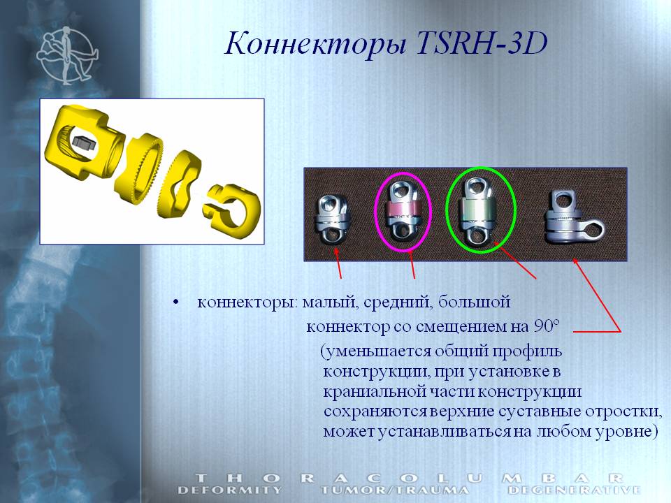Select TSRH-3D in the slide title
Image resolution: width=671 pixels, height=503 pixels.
pyautogui.click(x=482, y=43)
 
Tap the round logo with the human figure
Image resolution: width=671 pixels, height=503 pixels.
pyautogui.click(x=67, y=55)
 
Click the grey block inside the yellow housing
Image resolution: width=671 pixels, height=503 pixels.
pyautogui.click(x=85, y=143)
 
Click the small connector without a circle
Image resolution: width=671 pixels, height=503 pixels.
pyautogui.click(x=333, y=219)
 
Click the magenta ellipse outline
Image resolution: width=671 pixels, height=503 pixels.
pyautogui.click(x=375, y=212)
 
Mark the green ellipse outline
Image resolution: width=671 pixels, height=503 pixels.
pyautogui.click(x=447, y=210)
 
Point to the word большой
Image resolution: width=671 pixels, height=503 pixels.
pyautogui.click(x=474, y=302)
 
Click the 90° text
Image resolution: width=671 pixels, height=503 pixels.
pyautogui.click(x=547, y=326)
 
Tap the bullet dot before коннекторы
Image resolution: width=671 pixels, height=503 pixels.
pyautogui.click(x=175, y=302)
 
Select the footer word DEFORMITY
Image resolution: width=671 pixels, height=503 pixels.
pyautogui.click(x=230, y=490)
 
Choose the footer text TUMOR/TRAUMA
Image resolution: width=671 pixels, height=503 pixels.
pyautogui.click(x=394, y=490)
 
